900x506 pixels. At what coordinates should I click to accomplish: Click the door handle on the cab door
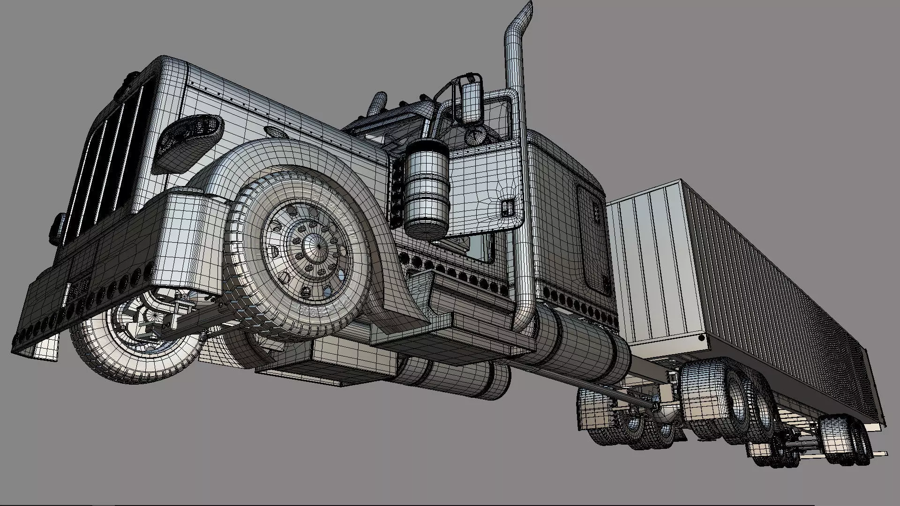pyautogui.click(x=507, y=207)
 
